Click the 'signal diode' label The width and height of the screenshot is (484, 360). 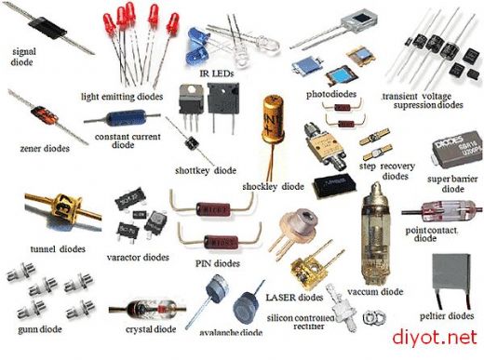tap(23, 57)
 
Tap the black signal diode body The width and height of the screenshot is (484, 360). tap(47, 28)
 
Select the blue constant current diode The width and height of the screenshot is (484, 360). tap(126, 118)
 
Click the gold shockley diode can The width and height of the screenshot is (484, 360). tap(273, 119)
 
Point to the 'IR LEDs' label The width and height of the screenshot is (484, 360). tap(217, 73)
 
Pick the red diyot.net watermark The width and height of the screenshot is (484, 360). tap(435, 338)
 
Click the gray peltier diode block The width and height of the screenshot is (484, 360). tap(450, 272)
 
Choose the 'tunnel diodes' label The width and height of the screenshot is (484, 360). tap(58, 249)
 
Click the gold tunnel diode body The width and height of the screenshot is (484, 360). tap(65, 207)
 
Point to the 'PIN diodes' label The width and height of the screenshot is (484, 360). tap(218, 263)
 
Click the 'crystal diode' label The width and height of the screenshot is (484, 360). tap(151, 329)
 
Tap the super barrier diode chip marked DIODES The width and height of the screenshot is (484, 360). tap(457, 150)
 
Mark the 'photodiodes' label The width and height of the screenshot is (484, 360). tap(331, 94)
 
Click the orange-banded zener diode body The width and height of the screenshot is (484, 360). tap(44, 115)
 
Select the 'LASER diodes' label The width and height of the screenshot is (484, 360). tap(294, 298)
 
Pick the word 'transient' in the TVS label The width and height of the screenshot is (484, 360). tap(400, 96)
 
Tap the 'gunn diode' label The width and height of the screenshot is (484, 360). tap(40, 329)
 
